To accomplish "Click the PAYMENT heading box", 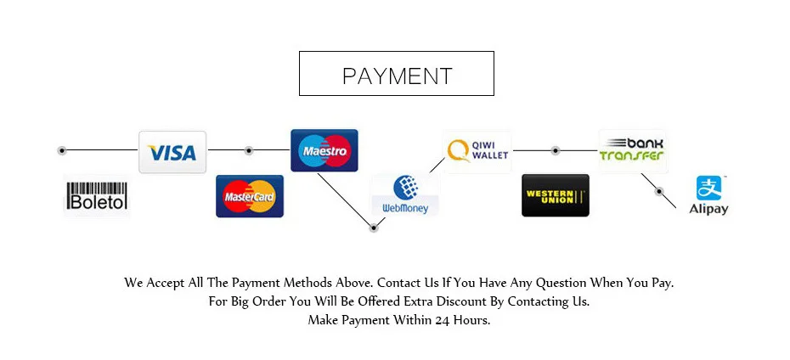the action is point(397,74).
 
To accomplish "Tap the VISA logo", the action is point(172,153).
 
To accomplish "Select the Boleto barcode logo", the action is point(96,196).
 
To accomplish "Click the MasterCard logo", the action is point(249,197).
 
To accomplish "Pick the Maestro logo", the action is point(324,151).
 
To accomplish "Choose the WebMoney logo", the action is point(405,194).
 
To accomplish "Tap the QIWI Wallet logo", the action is point(477,151).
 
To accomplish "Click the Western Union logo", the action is point(555,196).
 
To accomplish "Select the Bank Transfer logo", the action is point(632,150).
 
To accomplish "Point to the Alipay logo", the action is point(708,195).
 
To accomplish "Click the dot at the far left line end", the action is point(62,150).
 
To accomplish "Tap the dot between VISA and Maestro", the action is point(249,150).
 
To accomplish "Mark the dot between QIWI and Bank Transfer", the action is point(555,150).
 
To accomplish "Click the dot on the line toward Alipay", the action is point(659,192).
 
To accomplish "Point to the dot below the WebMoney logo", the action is point(372,227).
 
